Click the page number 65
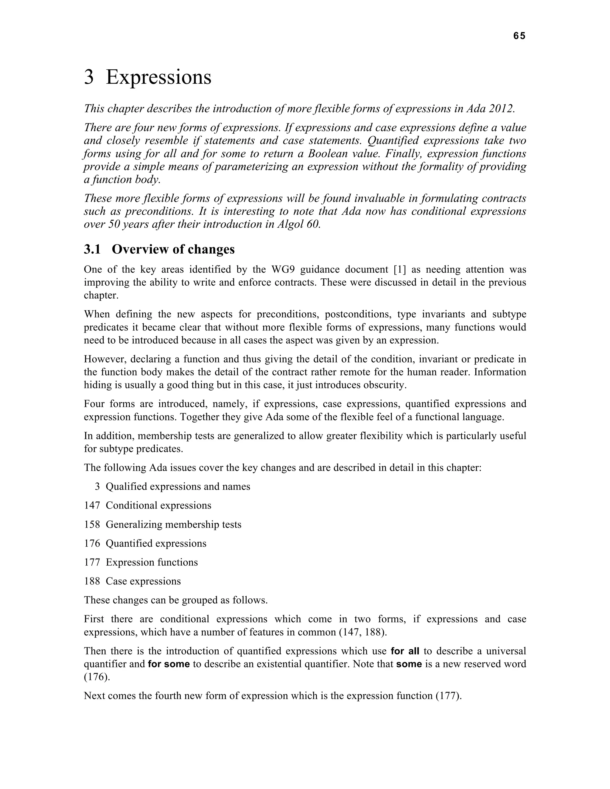click(x=519, y=36)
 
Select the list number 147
click(x=92, y=506)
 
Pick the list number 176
click(x=92, y=543)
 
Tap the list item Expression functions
click(x=152, y=562)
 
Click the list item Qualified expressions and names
click(x=178, y=487)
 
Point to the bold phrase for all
click(x=405, y=651)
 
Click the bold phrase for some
click(x=169, y=664)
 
